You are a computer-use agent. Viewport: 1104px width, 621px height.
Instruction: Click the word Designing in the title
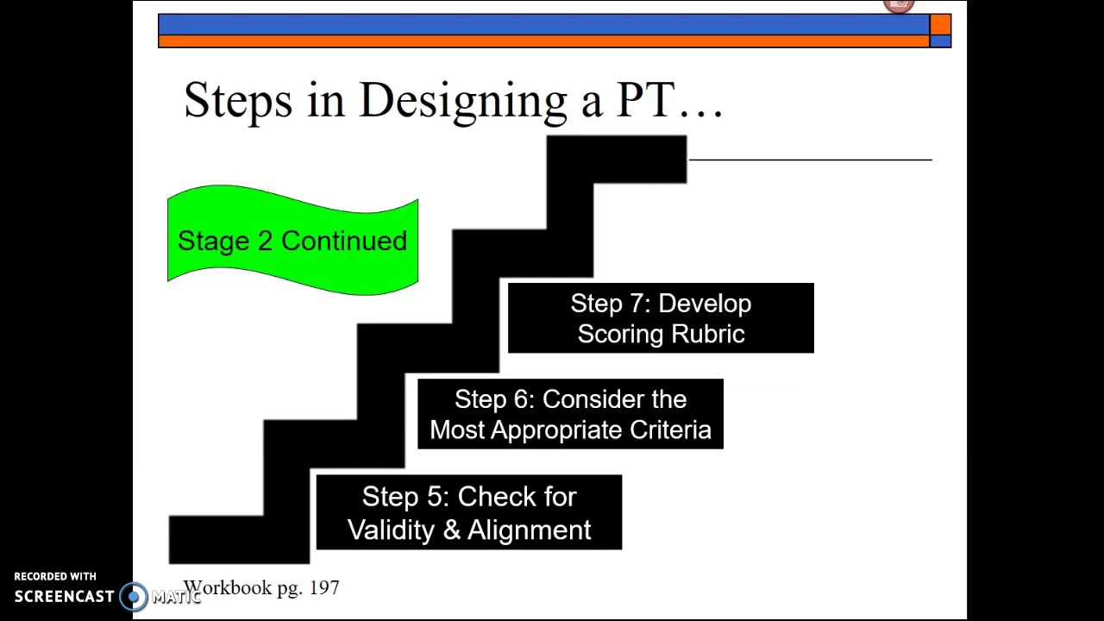click(x=462, y=102)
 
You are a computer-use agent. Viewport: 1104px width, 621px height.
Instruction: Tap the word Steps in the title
click(x=238, y=100)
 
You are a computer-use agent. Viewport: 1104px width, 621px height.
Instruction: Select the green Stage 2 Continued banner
click(x=292, y=241)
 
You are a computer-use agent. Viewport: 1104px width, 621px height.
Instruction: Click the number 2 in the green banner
click(x=265, y=241)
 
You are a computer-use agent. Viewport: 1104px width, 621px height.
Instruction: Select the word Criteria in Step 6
click(x=670, y=430)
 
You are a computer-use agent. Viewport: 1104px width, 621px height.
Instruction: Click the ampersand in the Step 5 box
click(x=452, y=530)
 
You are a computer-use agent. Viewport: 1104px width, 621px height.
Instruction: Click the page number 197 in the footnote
click(x=323, y=587)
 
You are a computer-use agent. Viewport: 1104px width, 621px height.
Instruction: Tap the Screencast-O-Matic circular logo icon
click(x=134, y=596)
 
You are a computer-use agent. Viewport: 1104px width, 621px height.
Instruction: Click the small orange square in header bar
click(x=940, y=24)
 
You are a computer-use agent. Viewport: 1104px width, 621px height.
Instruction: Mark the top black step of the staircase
click(x=616, y=159)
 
